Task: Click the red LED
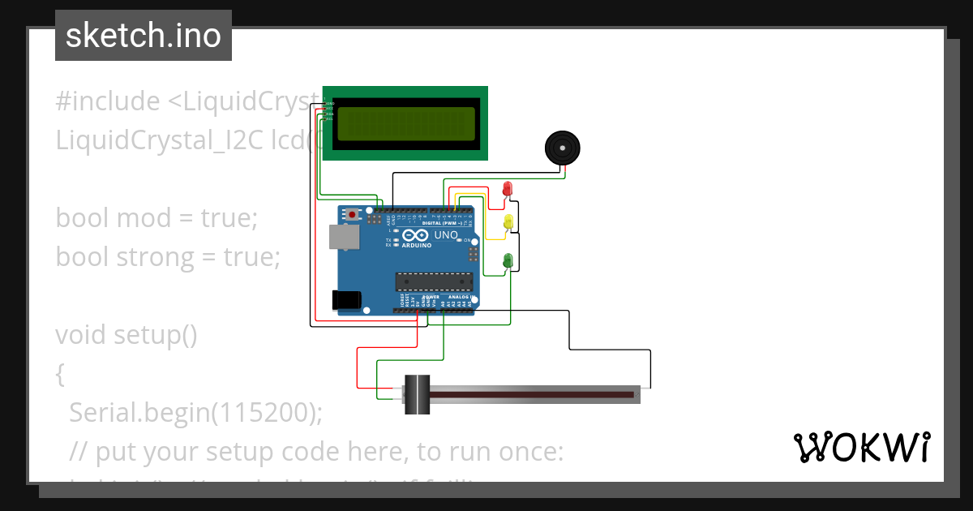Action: coord(508,189)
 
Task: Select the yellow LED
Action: coord(508,221)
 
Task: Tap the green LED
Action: coord(508,260)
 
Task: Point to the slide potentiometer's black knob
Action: coord(417,395)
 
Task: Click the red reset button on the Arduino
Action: coord(353,215)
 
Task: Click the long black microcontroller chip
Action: coord(434,281)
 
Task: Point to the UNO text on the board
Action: coord(447,235)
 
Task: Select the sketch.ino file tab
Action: coord(144,36)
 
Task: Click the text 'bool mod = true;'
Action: coord(156,217)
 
